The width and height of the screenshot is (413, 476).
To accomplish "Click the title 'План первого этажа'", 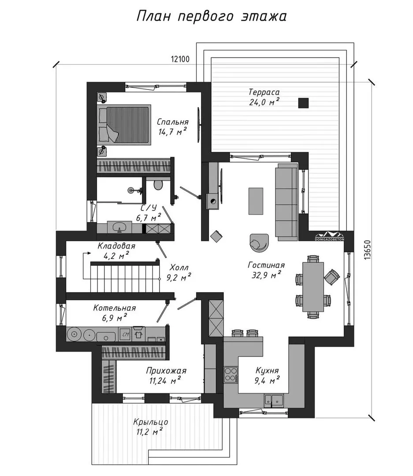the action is pos(212,16).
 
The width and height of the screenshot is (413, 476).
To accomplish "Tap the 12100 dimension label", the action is pos(180,59).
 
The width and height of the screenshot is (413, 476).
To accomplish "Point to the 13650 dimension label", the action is pos(368,250).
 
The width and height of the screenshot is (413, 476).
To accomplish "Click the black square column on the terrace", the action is pos(303,103).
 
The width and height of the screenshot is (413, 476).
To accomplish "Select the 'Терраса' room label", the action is pos(264,92).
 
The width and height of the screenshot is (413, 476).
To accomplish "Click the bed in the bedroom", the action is pos(124,124).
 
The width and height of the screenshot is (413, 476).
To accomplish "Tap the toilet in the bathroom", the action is pos(158,185).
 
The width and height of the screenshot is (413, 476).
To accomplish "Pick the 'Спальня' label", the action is pos(172,122).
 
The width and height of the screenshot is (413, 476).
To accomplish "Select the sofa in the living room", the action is pos(286,202).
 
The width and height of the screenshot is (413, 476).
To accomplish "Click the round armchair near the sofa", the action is pos(259,243).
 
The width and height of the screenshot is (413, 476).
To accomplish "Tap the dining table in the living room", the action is pos(313,287).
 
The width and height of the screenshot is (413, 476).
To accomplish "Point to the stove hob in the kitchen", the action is pos(231,375).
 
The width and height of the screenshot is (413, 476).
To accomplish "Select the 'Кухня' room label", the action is pos(267,371).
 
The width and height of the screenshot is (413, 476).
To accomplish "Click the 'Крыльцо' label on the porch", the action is pos(150,422).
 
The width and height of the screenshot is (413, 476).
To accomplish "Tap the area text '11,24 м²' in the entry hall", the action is pos(165,380).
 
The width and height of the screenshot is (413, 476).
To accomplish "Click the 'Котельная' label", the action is pos(114,308).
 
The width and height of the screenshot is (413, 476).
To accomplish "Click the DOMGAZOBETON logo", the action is pos(330,237).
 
